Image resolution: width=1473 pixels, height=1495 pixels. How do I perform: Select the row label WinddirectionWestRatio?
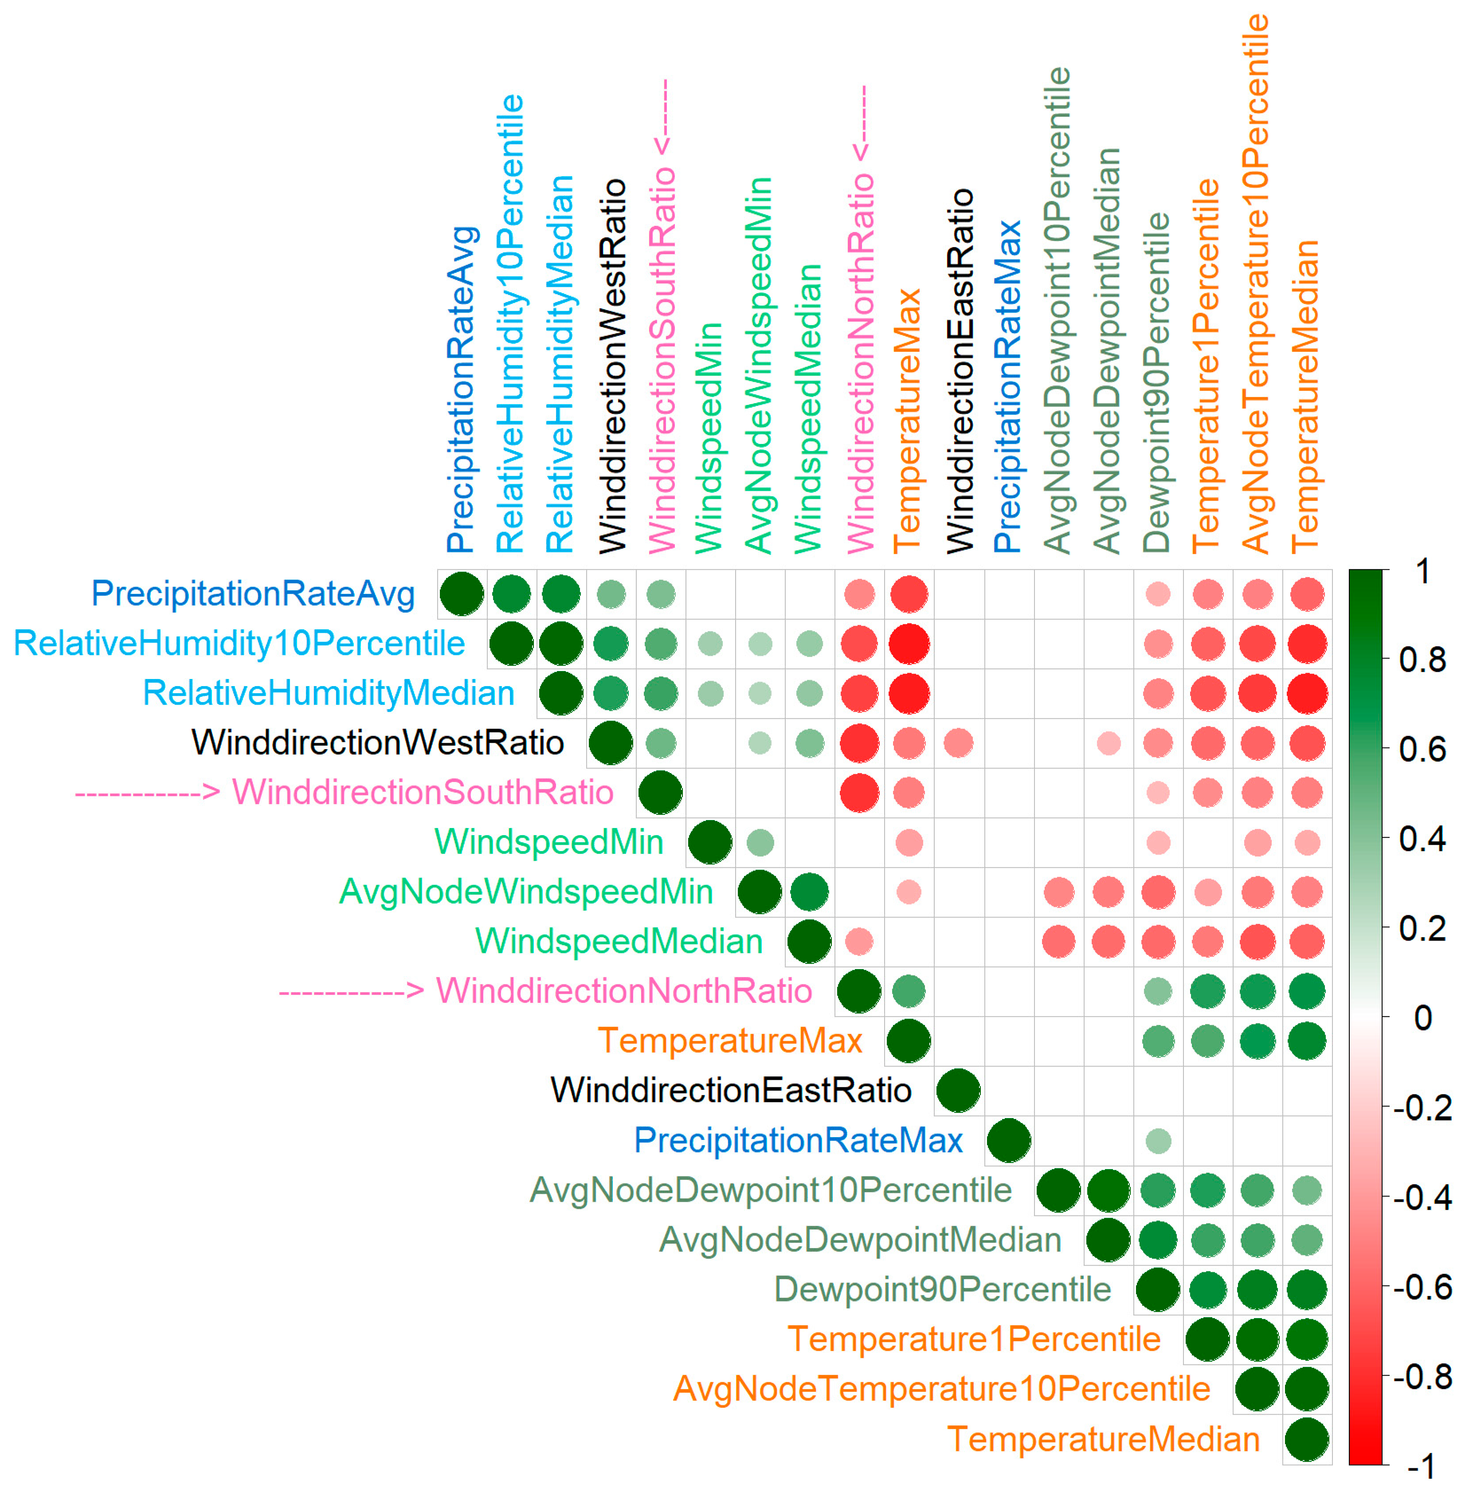(x=377, y=743)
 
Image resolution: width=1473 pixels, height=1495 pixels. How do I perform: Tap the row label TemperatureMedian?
(x=1104, y=1439)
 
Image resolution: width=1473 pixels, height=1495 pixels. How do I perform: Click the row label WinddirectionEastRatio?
(x=731, y=1090)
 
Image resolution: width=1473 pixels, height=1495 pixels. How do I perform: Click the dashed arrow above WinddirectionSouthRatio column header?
(x=663, y=116)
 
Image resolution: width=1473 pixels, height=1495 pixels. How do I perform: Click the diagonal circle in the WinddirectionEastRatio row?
(x=958, y=1090)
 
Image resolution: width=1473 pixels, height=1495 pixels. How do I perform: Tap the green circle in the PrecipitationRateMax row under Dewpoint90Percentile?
(x=1157, y=1141)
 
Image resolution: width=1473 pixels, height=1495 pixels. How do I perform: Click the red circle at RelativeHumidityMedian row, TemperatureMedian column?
(x=1307, y=693)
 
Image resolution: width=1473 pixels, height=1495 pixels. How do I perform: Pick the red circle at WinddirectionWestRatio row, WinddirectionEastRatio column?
(x=958, y=743)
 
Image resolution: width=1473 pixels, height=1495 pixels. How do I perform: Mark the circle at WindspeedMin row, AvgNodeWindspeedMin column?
(x=760, y=842)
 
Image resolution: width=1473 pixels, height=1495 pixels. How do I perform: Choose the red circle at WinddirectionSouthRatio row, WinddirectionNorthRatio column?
(x=859, y=793)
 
